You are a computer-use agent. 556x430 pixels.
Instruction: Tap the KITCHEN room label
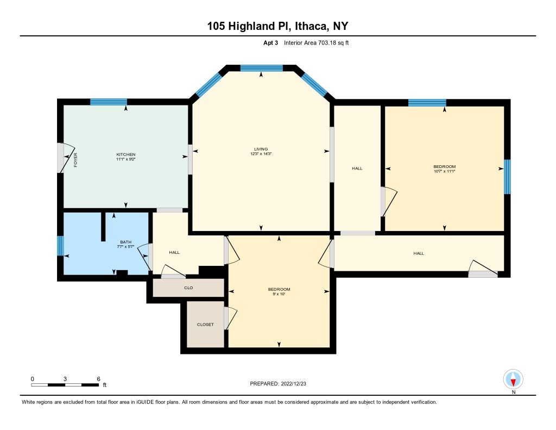coord(125,154)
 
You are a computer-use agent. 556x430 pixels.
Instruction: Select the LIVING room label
coord(261,149)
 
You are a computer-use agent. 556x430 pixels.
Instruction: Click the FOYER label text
coord(76,160)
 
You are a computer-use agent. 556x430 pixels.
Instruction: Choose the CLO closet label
coord(188,288)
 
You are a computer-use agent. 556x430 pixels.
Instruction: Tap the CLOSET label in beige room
coord(205,325)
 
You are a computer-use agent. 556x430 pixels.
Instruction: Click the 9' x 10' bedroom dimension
coord(279,294)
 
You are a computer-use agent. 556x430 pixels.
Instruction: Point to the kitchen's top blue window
coord(109,101)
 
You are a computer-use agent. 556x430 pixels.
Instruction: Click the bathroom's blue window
coord(61,246)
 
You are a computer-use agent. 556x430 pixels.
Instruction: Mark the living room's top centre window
coord(261,68)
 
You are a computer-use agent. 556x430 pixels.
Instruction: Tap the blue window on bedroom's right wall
coord(507,176)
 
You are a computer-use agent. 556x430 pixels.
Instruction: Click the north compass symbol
coord(513,378)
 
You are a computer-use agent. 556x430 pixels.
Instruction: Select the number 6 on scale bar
coord(98,378)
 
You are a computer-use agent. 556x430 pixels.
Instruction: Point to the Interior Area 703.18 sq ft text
coord(316,43)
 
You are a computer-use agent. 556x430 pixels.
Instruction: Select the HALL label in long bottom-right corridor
coord(419,253)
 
